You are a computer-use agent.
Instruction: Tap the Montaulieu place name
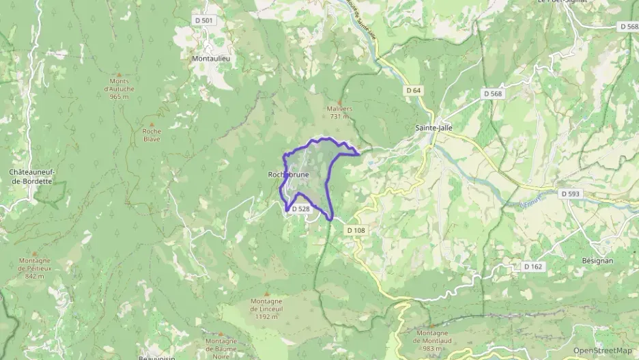click(x=211, y=59)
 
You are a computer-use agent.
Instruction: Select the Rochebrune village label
click(x=288, y=175)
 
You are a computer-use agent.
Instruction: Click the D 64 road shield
click(x=413, y=90)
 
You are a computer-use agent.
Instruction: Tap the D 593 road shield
click(x=570, y=194)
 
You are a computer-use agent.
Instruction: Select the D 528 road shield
click(x=301, y=209)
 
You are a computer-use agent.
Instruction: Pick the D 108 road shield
click(x=356, y=230)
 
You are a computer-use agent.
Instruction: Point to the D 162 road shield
click(x=534, y=266)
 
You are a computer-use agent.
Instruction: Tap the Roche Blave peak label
click(x=152, y=135)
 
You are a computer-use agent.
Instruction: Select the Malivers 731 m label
click(x=339, y=112)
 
